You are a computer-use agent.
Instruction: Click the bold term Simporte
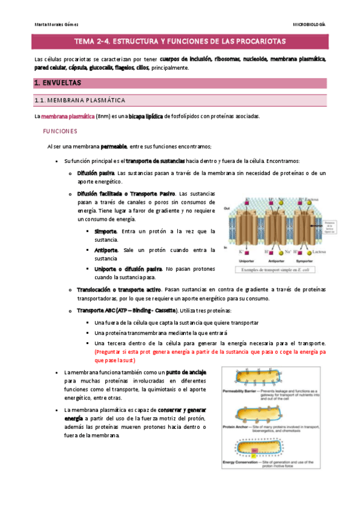click(x=106, y=232)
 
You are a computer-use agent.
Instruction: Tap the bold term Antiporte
click(x=107, y=250)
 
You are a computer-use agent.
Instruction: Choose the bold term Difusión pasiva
click(x=96, y=173)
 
